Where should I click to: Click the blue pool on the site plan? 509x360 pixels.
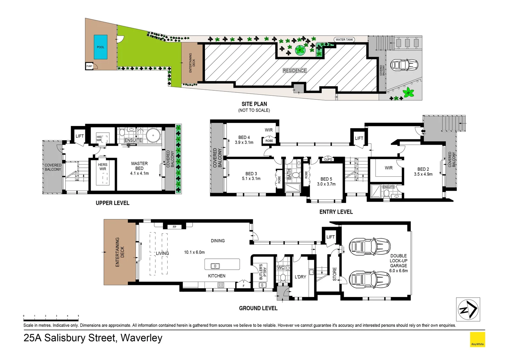pyautogui.click(x=100, y=47)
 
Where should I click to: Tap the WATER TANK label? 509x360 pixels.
pyautogui.click(x=344, y=40)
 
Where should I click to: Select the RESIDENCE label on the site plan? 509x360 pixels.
pyautogui.click(x=294, y=71)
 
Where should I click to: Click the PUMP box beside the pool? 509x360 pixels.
pyautogui.click(x=89, y=66)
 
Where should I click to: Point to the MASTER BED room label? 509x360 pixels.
pyautogui.click(x=139, y=166)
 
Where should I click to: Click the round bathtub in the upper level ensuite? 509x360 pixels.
pyautogui.click(x=153, y=135)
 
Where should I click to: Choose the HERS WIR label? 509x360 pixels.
pyautogui.click(x=103, y=167)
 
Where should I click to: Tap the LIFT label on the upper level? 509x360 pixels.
pyautogui.click(x=80, y=136)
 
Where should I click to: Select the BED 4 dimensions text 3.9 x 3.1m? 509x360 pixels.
pyautogui.click(x=244, y=142)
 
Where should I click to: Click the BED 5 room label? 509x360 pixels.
pyautogui.click(x=326, y=179)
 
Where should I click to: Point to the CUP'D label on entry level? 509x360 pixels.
pyautogui.click(x=328, y=159)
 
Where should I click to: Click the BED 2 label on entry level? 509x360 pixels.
pyautogui.click(x=423, y=169)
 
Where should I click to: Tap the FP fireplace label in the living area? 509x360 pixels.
pyautogui.click(x=174, y=227)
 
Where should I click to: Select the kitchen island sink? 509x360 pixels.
pyautogui.click(x=215, y=266)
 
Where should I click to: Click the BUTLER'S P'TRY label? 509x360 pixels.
pyautogui.click(x=263, y=271)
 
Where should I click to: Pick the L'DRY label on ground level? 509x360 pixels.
pyautogui.click(x=300, y=277)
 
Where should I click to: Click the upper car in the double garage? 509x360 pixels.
pyautogui.click(x=369, y=247)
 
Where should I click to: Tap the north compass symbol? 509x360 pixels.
pyautogui.click(x=468, y=309)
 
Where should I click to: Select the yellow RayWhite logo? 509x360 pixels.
pyautogui.click(x=477, y=339)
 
